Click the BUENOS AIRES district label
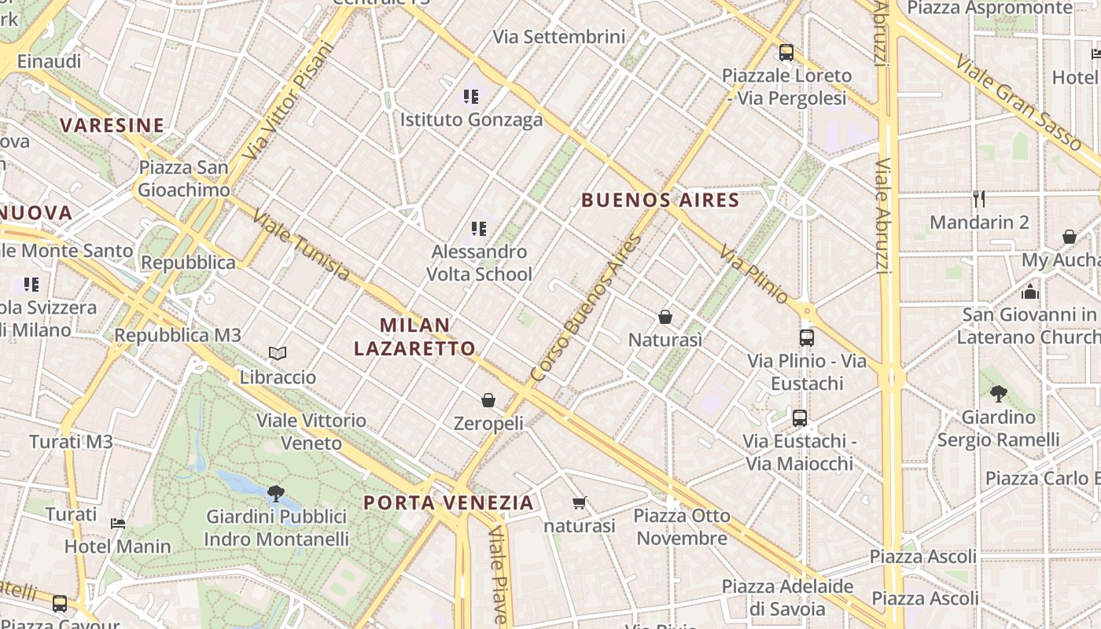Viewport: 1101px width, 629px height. [x=661, y=200]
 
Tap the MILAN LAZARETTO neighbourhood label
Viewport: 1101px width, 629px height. [x=414, y=337]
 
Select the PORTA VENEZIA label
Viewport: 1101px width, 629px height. [x=448, y=502]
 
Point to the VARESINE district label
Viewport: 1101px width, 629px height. [x=112, y=125]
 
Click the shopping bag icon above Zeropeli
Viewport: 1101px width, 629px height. [x=488, y=400]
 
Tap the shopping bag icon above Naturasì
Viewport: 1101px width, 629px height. [x=665, y=317]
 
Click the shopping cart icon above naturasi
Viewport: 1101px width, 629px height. [x=580, y=502]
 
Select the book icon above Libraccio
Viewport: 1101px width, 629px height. [x=278, y=354]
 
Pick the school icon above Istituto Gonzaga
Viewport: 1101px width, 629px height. [x=471, y=97]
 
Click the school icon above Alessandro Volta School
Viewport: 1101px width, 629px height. [x=479, y=229]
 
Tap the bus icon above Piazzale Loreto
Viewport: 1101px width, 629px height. [x=786, y=53]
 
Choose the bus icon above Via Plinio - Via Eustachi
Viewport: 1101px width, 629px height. [x=807, y=338]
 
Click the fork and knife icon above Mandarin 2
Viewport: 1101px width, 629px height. [x=979, y=198]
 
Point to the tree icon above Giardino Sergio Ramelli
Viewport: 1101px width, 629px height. [x=999, y=393]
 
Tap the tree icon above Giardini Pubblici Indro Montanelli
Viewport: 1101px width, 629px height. [x=275, y=494]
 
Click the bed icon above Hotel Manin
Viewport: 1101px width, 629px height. [x=118, y=523]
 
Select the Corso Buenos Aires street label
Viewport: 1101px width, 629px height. [x=586, y=308]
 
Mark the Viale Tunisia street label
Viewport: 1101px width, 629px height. [x=301, y=245]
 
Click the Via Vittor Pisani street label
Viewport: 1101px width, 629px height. [x=289, y=101]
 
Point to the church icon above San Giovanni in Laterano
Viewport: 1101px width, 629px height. [x=1030, y=292]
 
